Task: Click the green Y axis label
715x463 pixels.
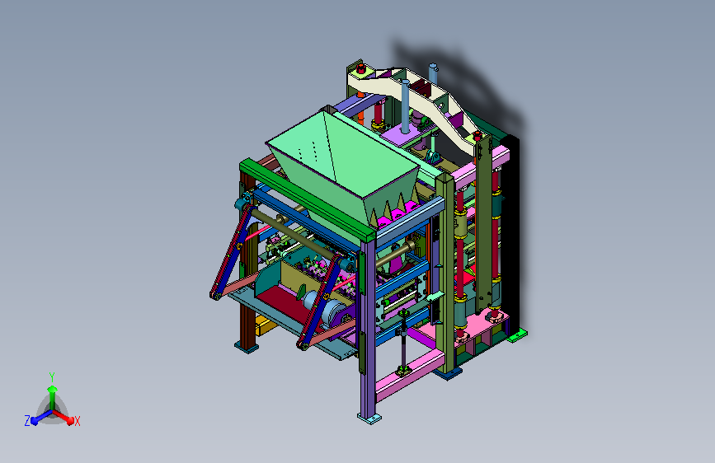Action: click(x=52, y=376)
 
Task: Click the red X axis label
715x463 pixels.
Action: click(x=77, y=421)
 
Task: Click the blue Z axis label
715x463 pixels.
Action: click(x=27, y=421)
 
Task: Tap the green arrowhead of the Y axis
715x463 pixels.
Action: click(x=52, y=389)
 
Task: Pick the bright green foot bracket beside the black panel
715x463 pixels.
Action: click(x=517, y=336)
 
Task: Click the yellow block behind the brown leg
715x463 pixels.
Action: click(x=264, y=325)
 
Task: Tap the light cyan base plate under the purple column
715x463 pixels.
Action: click(x=369, y=418)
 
